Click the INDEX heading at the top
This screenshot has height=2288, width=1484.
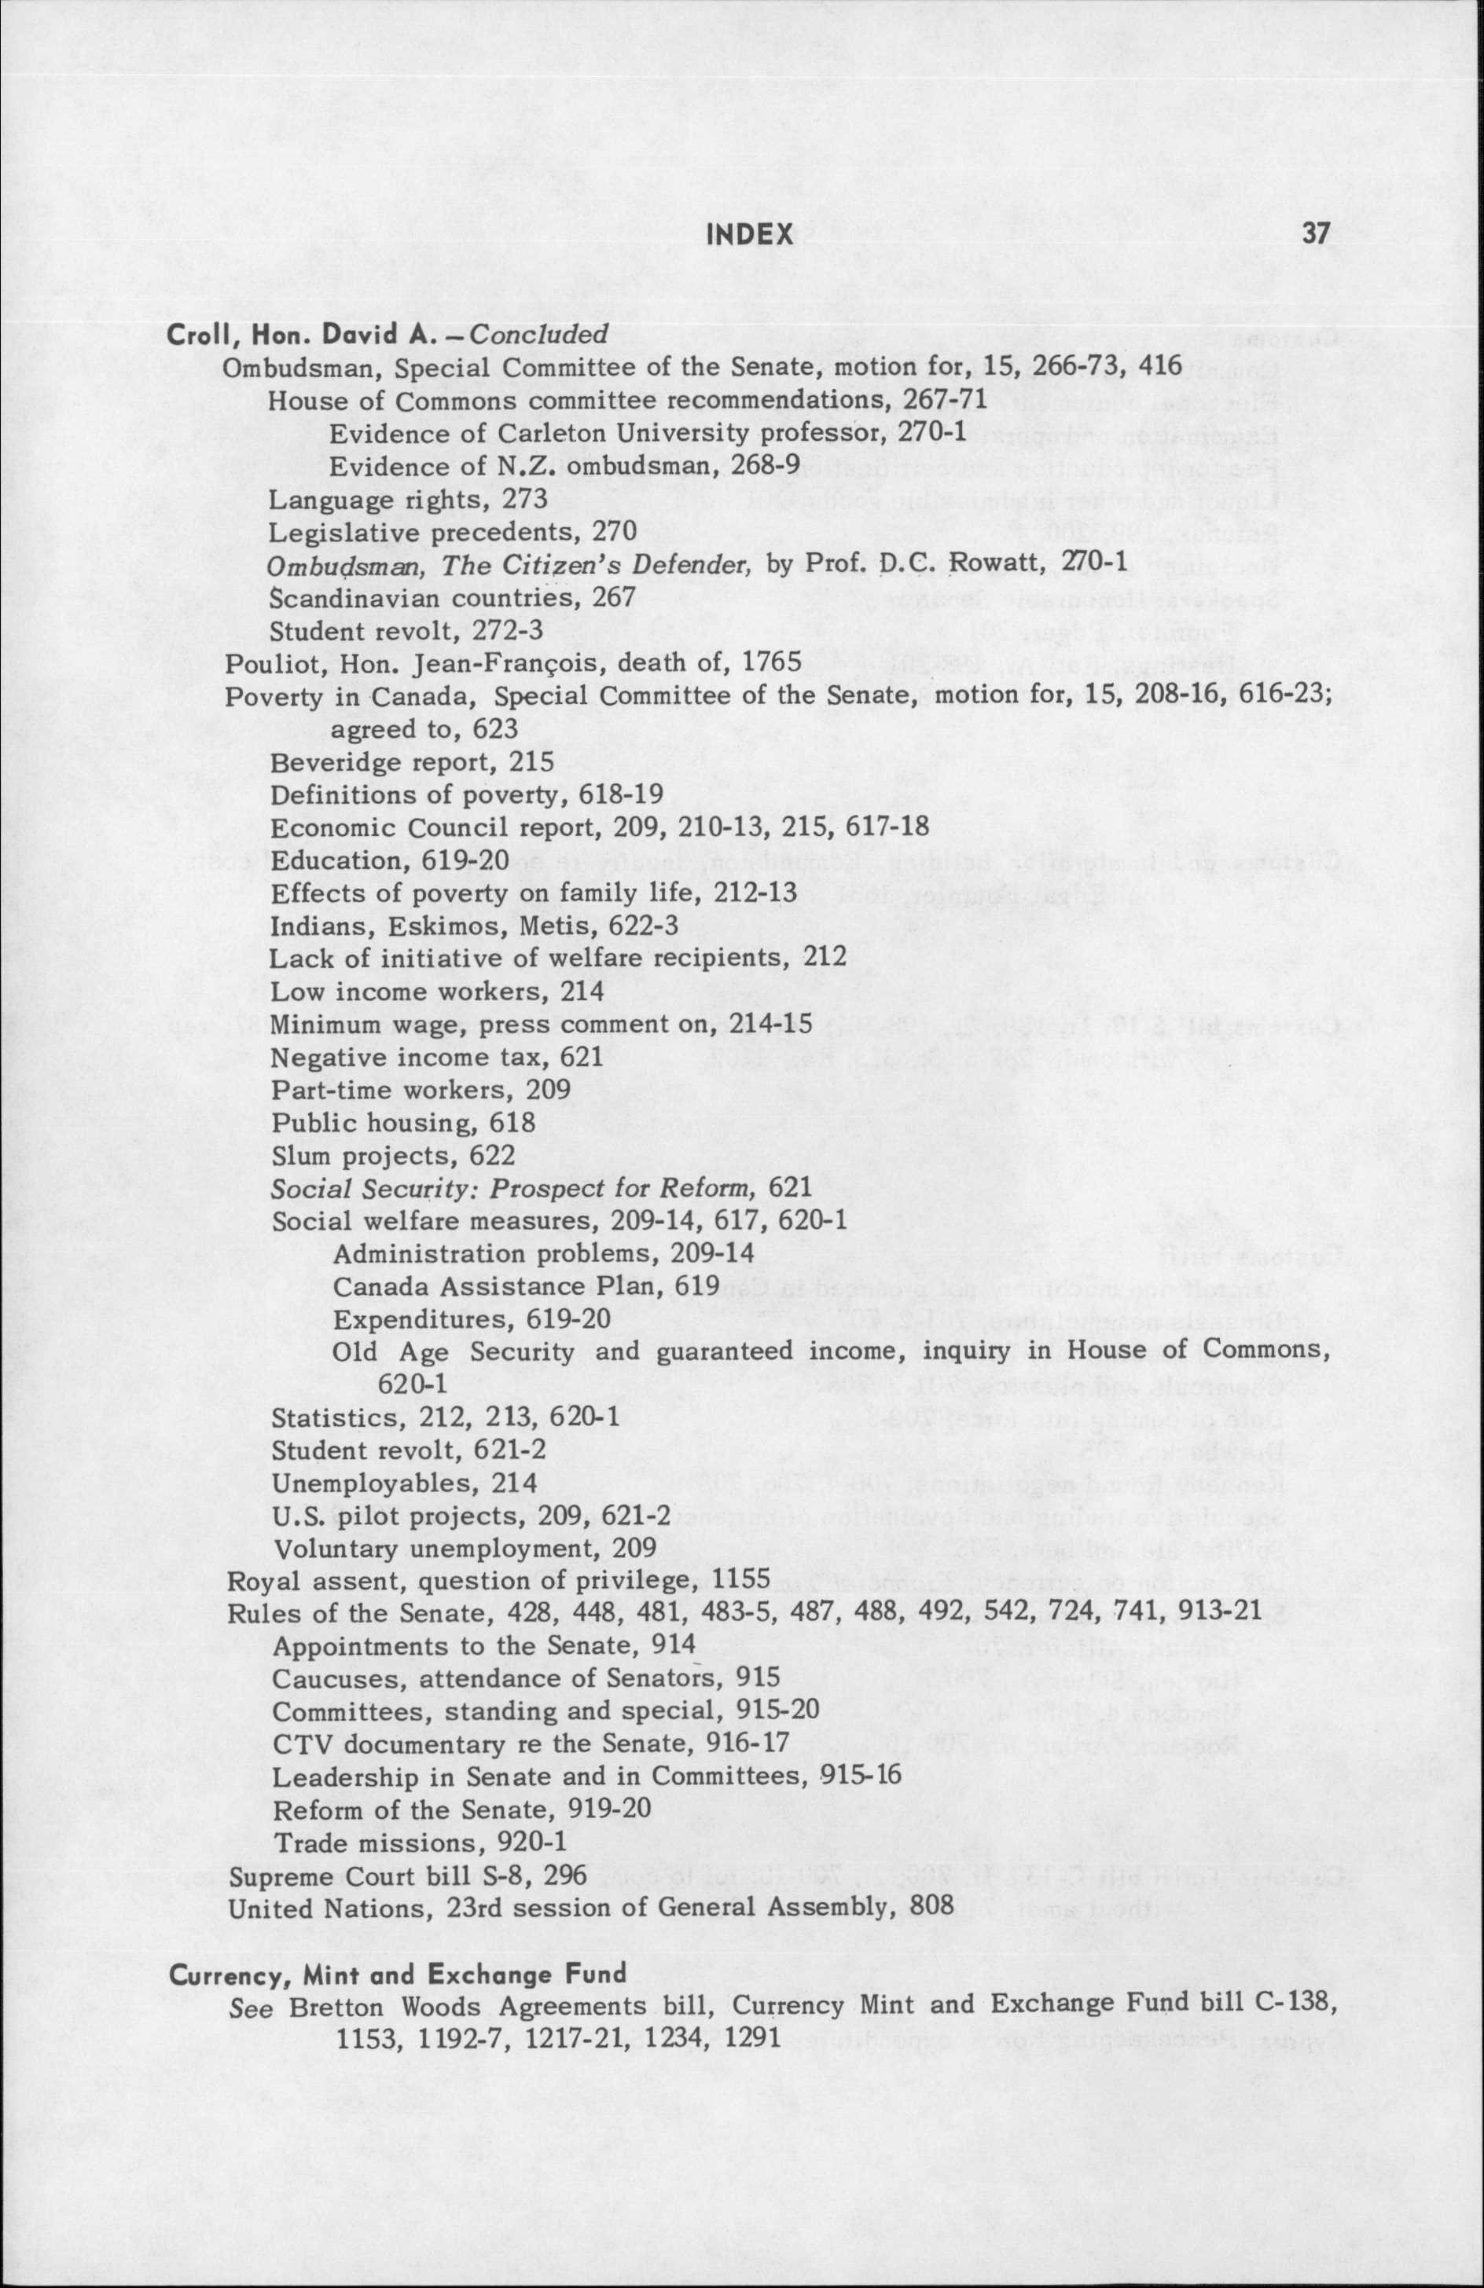[x=749, y=233]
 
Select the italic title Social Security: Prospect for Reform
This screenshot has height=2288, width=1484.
[x=516, y=1188]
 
